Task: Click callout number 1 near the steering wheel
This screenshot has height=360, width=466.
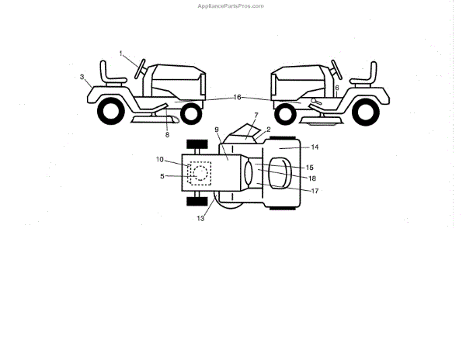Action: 122,52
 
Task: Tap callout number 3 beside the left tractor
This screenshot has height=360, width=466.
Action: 82,77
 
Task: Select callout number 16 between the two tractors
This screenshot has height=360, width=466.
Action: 237,98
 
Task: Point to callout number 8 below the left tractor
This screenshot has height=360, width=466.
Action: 166,134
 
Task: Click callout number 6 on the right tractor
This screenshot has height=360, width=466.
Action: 336,88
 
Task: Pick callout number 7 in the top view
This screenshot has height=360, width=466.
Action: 256,115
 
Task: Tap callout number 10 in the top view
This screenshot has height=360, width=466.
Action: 159,159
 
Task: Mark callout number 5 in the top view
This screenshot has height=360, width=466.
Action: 163,176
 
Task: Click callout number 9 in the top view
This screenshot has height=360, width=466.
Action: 217,130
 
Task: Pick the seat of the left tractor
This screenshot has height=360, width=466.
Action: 113,78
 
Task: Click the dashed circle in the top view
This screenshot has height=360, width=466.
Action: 200,172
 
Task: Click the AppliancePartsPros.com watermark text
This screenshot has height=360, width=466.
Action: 232,5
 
